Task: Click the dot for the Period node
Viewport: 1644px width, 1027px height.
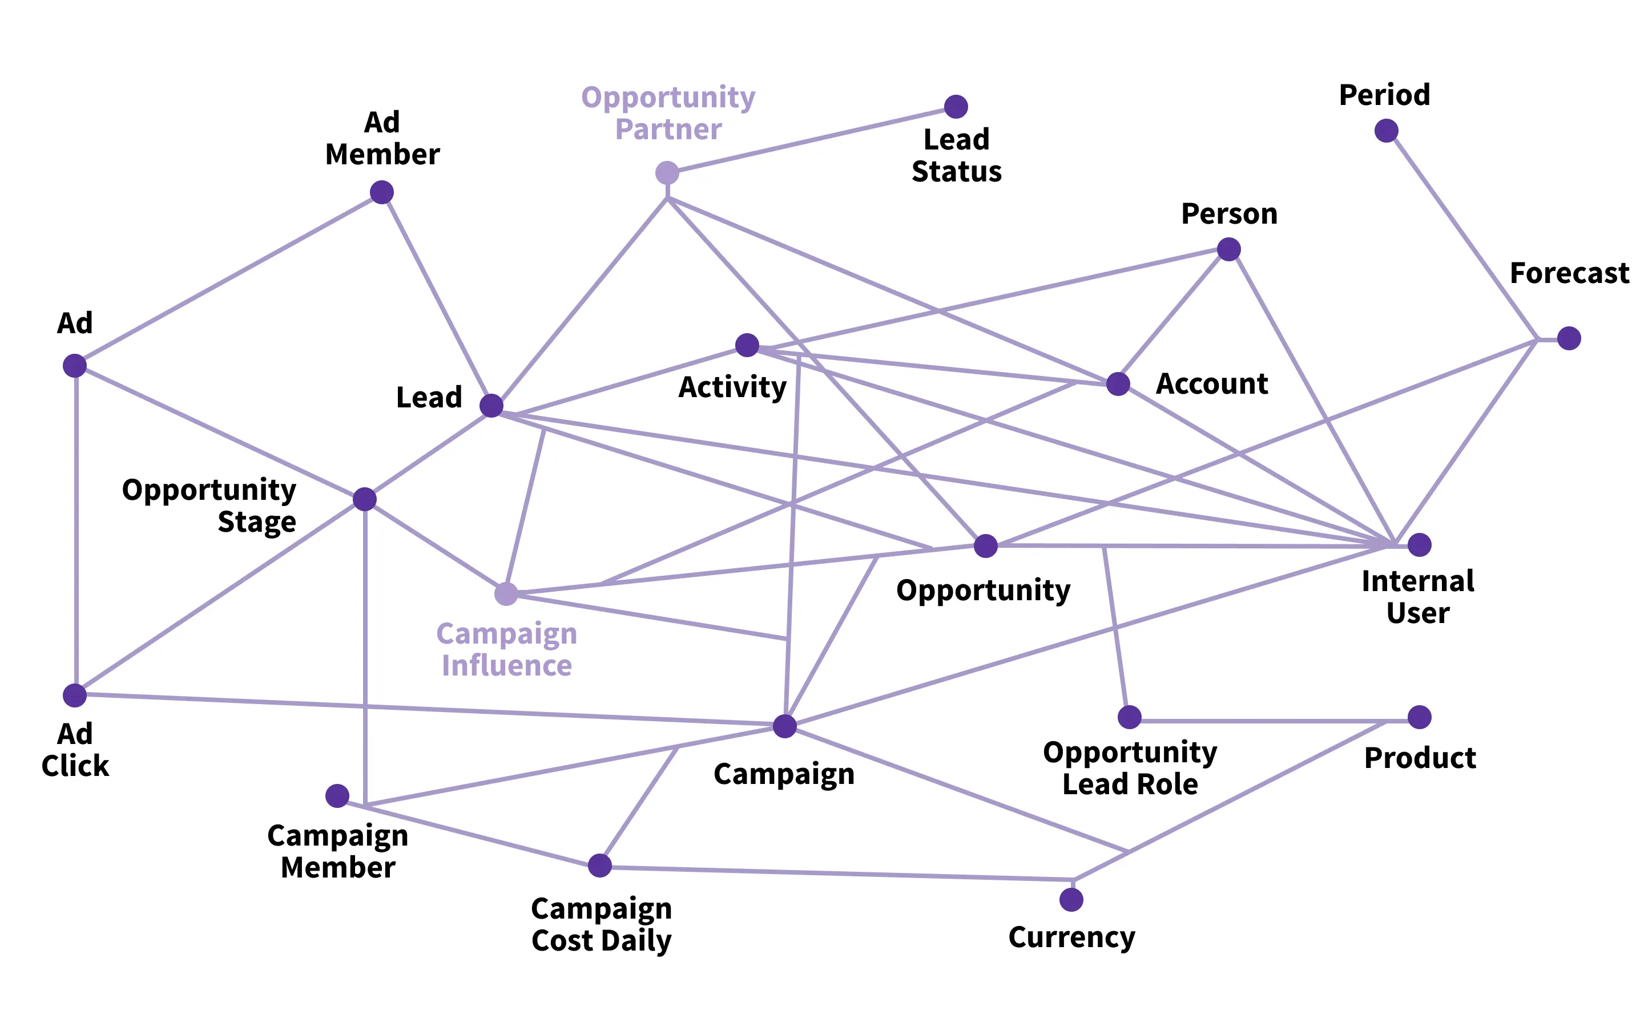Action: click(1386, 131)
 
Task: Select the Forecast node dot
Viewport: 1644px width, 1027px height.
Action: click(1569, 338)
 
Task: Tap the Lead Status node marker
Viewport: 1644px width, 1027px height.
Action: click(956, 107)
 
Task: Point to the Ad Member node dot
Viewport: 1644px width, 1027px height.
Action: click(382, 192)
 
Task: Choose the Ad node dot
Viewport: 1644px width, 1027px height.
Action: click(75, 365)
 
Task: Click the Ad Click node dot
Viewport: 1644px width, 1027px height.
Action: click(75, 696)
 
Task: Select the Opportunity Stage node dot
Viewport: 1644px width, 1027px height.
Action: click(365, 499)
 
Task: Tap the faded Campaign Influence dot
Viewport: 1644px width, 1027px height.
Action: click(506, 593)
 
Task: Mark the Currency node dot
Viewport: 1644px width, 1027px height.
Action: click(1071, 900)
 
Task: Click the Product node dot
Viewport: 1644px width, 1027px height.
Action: click(1420, 717)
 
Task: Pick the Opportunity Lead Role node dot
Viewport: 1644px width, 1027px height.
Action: click(1130, 717)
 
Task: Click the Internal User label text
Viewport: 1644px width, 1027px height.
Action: click(1418, 597)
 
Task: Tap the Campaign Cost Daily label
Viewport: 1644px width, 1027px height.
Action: click(601, 924)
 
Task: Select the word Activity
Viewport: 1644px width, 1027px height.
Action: click(732, 387)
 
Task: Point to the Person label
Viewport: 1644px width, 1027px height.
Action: click(1229, 214)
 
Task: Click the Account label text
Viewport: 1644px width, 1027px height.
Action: click(1212, 384)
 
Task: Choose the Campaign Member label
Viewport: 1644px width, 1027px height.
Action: click(337, 852)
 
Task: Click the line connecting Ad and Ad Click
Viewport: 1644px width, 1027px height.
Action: click(76, 530)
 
